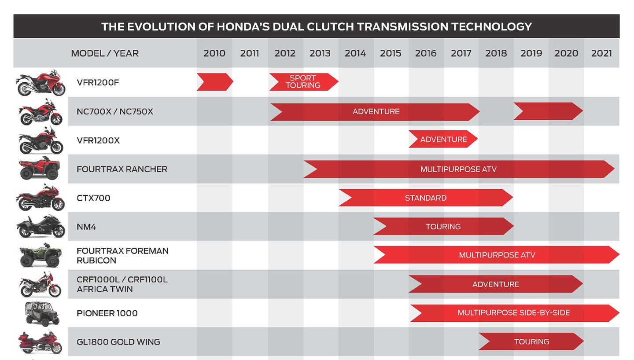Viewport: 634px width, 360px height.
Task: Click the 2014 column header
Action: click(x=355, y=53)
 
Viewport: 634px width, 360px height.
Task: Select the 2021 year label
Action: click(x=601, y=53)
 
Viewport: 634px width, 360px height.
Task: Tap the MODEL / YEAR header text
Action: click(x=105, y=53)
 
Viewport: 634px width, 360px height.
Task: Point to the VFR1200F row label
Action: click(x=98, y=82)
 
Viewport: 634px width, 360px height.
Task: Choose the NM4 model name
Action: click(x=86, y=227)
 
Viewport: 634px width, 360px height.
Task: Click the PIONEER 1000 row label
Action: click(x=107, y=313)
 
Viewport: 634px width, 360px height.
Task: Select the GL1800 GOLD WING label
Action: click(x=118, y=342)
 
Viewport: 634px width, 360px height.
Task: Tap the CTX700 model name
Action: click(x=93, y=198)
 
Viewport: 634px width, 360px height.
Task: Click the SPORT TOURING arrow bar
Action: click(x=304, y=82)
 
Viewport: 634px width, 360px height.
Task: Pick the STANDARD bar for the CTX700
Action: click(x=426, y=198)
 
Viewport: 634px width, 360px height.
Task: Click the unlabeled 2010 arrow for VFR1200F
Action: click(x=215, y=82)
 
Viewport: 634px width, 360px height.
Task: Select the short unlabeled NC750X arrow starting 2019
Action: click(x=548, y=111)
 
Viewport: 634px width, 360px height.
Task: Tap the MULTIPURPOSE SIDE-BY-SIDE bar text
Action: click(x=513, y=313)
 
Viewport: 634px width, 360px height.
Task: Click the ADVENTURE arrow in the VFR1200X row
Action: click(x=443, y=139)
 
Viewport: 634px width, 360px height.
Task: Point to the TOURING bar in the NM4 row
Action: click(x=443, y=226)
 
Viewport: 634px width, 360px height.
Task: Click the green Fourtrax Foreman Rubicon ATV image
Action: click(x=40, y=255)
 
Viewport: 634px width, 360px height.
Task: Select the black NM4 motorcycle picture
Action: click(x=41, y=226)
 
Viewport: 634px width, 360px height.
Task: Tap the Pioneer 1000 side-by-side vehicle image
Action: click(x=42, y=314)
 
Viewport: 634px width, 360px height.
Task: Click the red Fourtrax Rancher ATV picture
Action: click(x=39, y=168)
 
